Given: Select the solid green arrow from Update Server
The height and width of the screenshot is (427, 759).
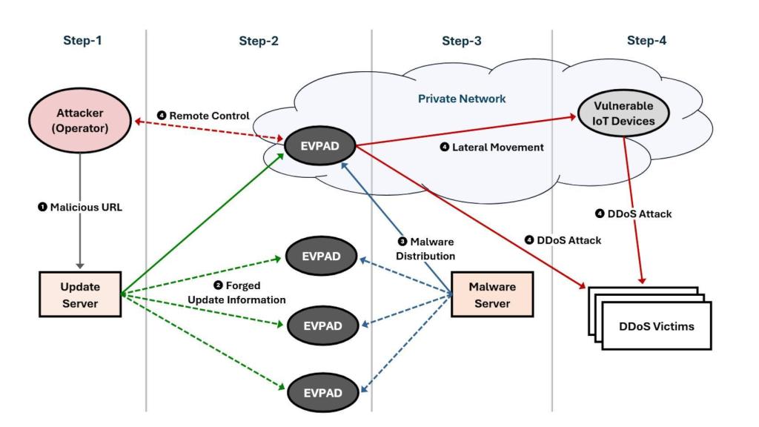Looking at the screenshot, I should pos(200,222).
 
